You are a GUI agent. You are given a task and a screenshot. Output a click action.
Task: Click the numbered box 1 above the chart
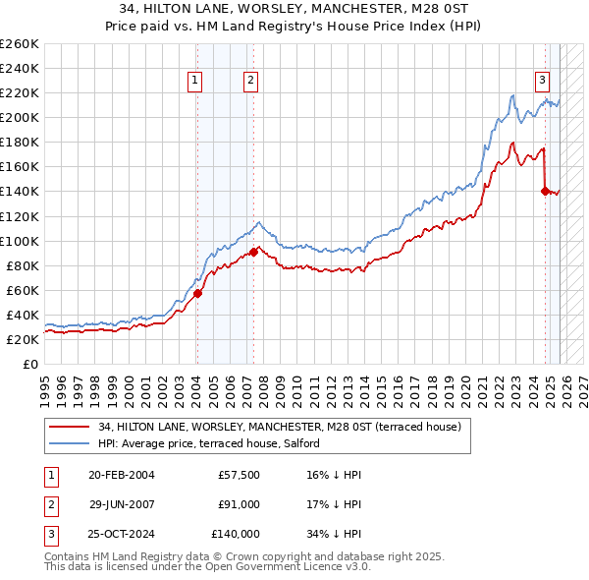pos(195,82)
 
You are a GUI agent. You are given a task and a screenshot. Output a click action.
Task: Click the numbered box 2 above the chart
pos(251,82)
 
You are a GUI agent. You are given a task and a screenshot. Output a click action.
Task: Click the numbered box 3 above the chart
pos(542,82)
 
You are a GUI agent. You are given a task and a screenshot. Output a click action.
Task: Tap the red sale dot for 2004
pos(197,292)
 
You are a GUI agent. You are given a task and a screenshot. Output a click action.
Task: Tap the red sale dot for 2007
pos(253,252)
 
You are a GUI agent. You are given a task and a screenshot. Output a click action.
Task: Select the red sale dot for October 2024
pos(545,191)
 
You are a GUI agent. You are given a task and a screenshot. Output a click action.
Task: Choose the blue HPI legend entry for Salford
pos(208,443)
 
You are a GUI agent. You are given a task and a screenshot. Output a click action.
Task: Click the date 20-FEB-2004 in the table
pos(121,475)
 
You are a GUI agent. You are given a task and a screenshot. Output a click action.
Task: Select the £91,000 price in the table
pos(239,504)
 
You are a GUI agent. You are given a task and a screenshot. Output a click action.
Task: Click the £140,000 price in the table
pos(236,534)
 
